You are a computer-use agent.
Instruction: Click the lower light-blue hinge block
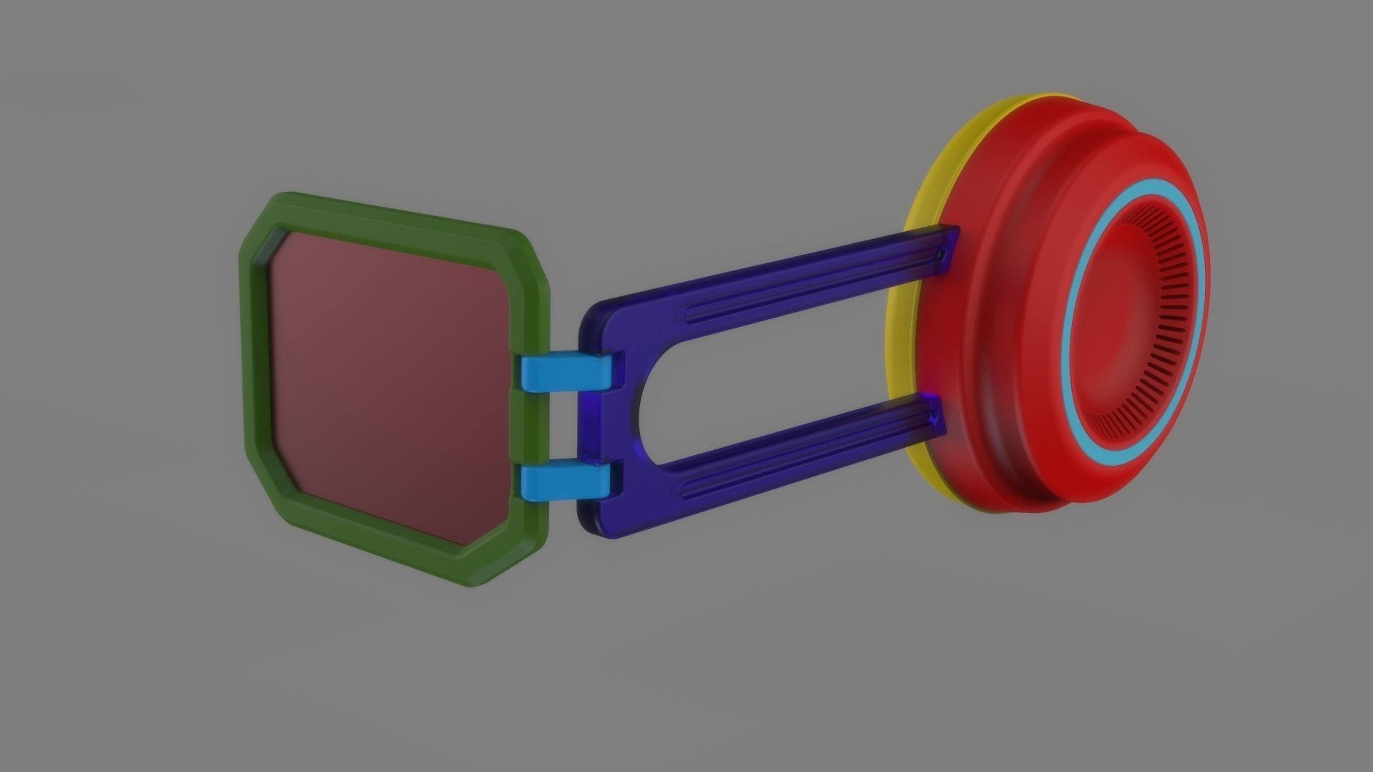click(x=569, y=481)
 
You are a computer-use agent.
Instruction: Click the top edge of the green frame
click(x=393, y=212)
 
